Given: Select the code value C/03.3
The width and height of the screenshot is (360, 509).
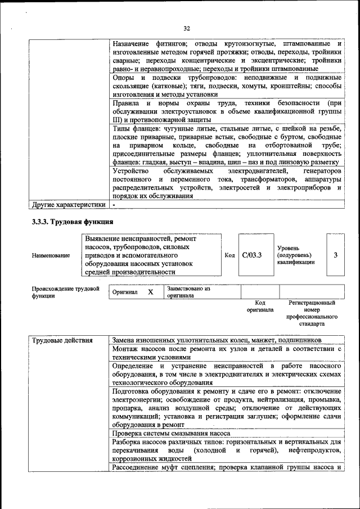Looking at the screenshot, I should (252, 255).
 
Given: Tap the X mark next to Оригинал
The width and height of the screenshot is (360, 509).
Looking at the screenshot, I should (150, 292).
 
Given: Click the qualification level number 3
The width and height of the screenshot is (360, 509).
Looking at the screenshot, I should (335, 255).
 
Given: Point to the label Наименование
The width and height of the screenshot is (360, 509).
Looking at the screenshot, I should (51, 255).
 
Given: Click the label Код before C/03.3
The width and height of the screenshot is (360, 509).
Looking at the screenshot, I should (229, 255).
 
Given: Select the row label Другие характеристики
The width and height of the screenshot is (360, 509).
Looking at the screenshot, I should (68, 205).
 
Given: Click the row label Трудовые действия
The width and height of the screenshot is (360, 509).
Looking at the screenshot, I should (62, 340).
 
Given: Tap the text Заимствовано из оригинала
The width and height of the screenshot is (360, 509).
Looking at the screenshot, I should (188, 292).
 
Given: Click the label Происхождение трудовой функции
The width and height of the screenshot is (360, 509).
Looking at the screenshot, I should (61, 292).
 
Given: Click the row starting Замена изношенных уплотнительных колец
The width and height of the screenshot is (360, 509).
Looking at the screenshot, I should (217, 340).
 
